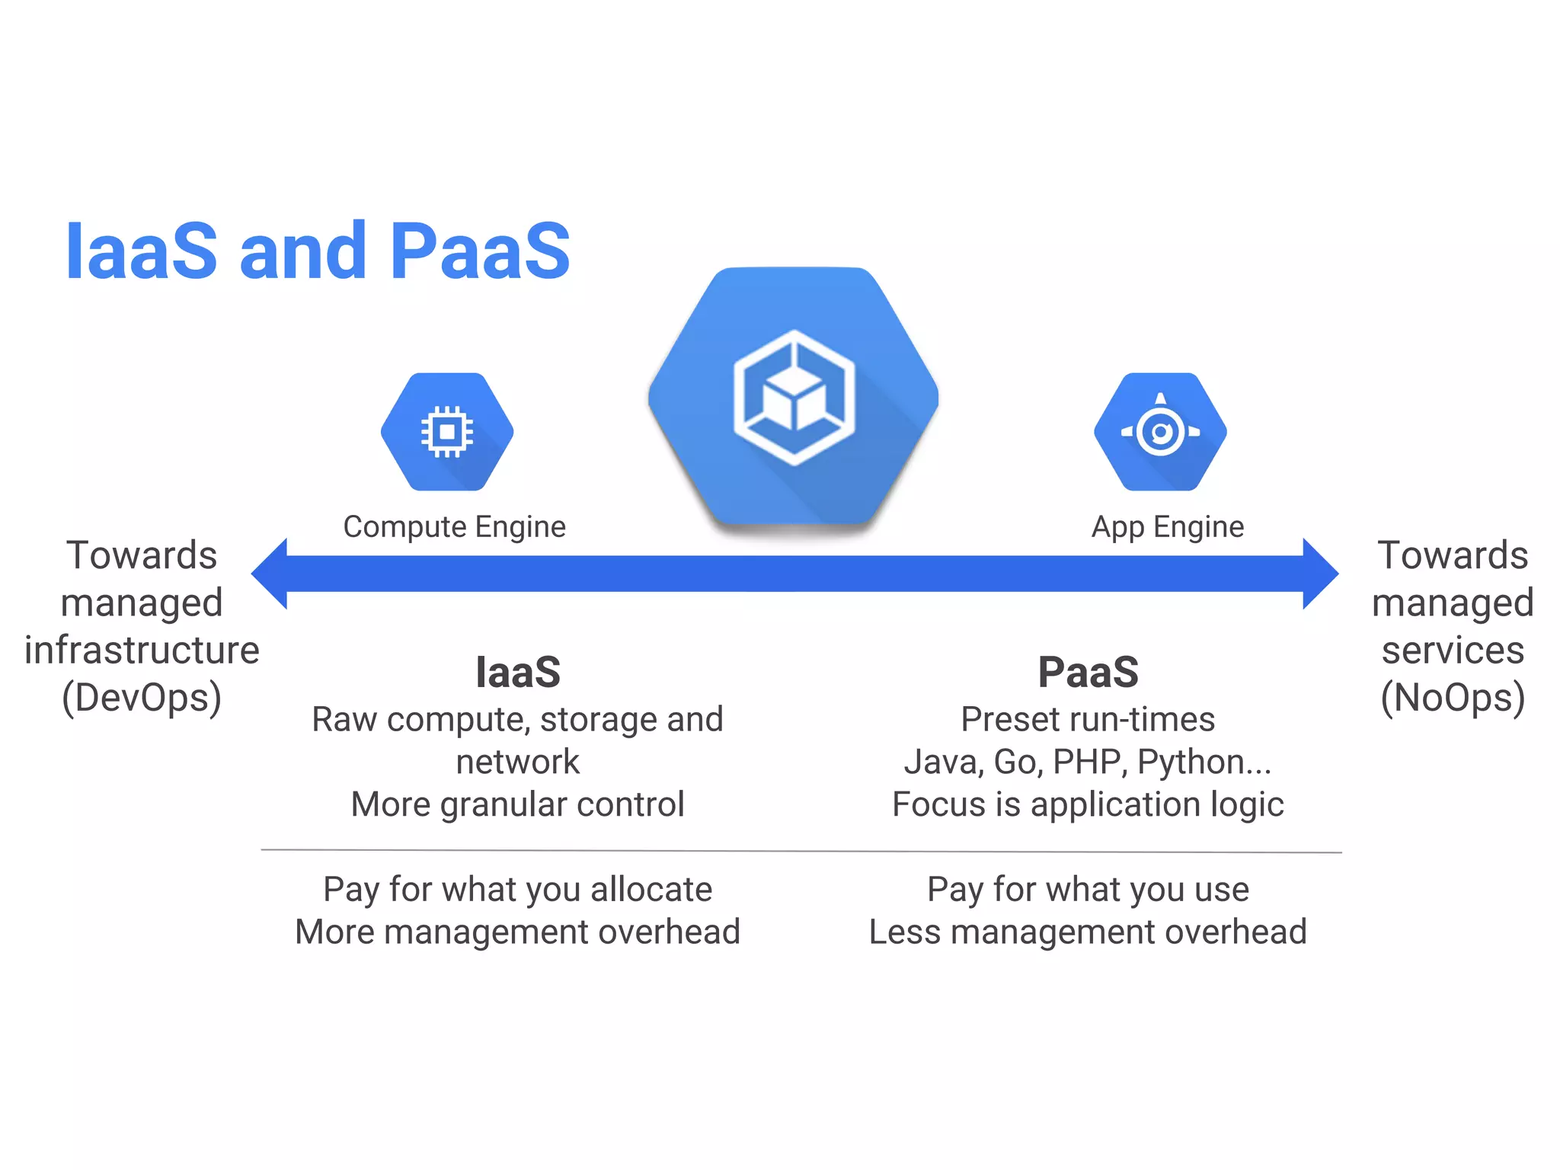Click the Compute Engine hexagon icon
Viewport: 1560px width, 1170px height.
(447, 432)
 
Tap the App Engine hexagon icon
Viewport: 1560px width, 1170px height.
(1160, 432)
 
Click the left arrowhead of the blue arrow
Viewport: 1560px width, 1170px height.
(270, 574)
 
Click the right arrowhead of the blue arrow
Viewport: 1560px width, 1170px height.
(1319, 574)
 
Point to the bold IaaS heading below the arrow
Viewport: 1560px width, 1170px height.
(518, 673)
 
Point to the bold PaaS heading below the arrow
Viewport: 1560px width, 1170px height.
(1088, 673)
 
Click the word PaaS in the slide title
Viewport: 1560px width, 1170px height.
(480, 251)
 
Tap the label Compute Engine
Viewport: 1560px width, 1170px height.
(455, 527)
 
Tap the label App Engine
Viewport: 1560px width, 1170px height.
(1168, 527)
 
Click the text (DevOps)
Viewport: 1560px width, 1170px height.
(142, 698)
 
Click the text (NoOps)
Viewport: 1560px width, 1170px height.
(1453, 698)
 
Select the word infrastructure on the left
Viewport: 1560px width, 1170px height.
(142, 651)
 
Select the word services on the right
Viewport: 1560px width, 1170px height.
(1453, 651)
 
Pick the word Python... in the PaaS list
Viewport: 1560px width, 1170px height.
(1204, 762)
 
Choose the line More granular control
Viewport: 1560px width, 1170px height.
(518, 804)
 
